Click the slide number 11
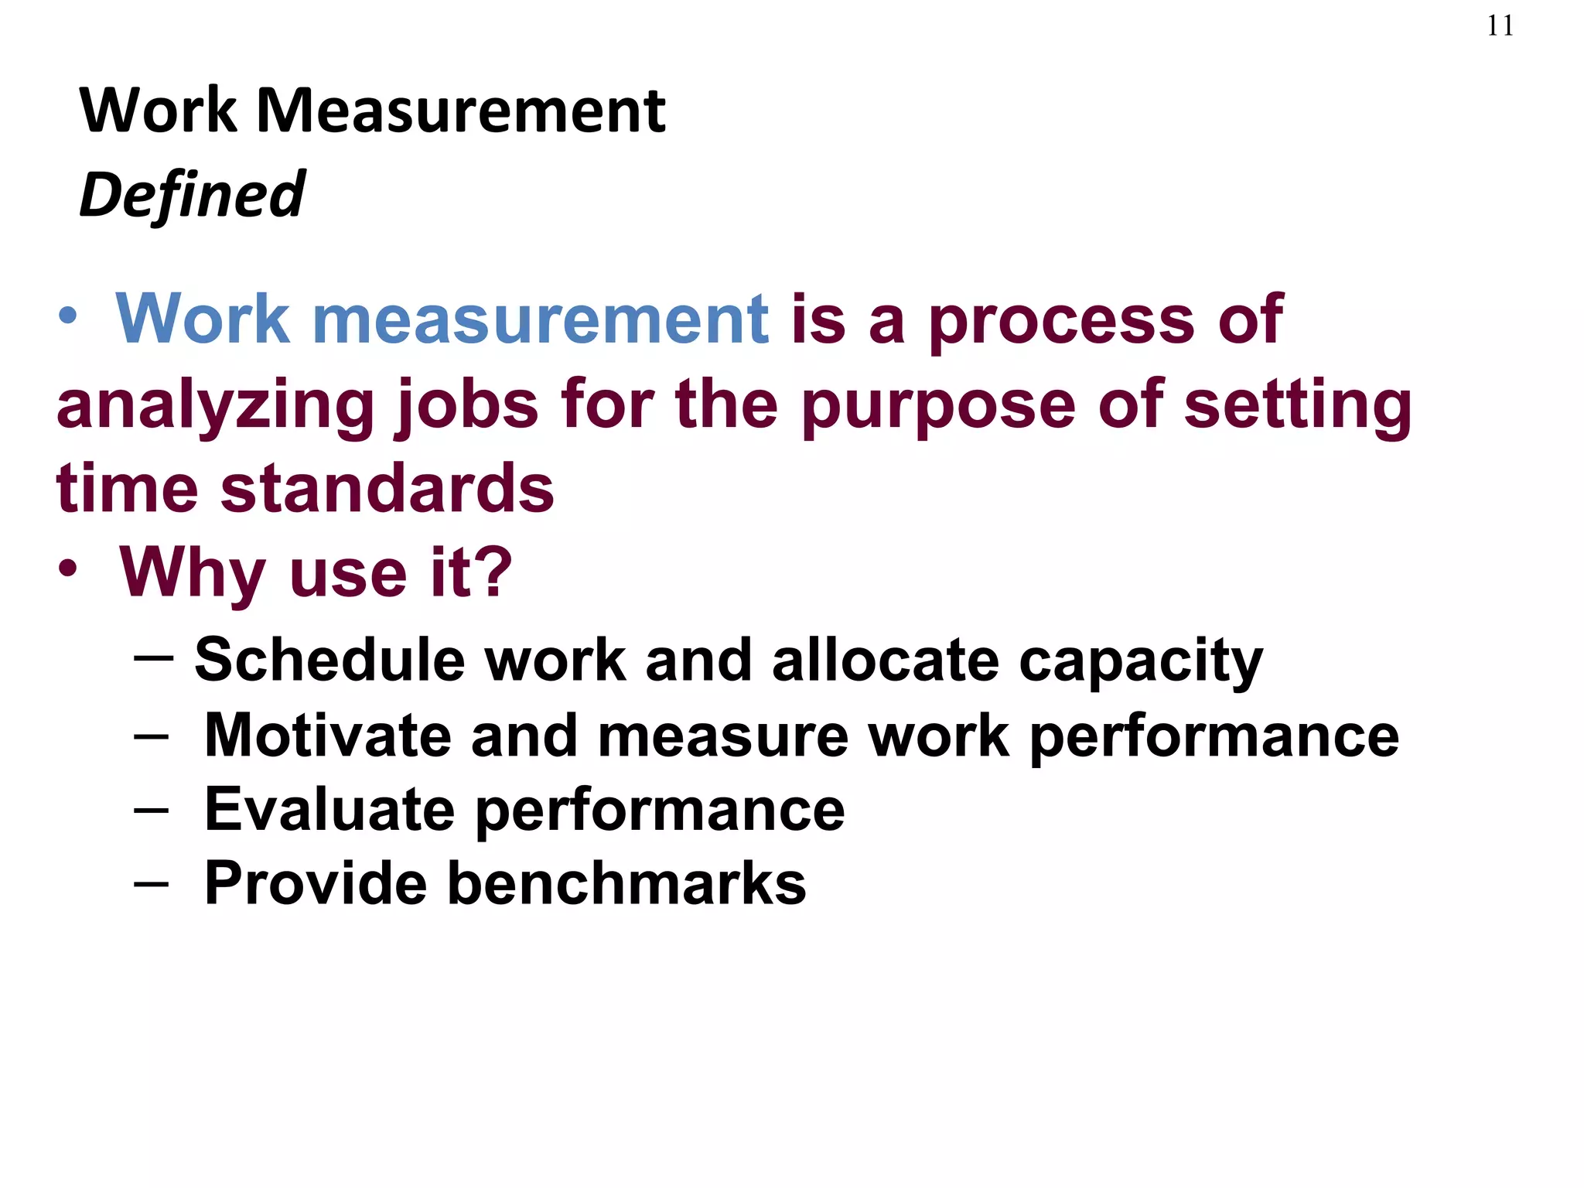(x=1500, y=26)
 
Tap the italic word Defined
(x=192, y=194)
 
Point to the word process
(x=1061, y=322)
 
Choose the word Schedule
(x=329, y=661)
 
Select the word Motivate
(x=327, y=736)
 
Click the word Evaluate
(x=329, y=810)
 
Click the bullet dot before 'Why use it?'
(x=68, y=569)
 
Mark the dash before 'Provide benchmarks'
(x=151, y=884)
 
